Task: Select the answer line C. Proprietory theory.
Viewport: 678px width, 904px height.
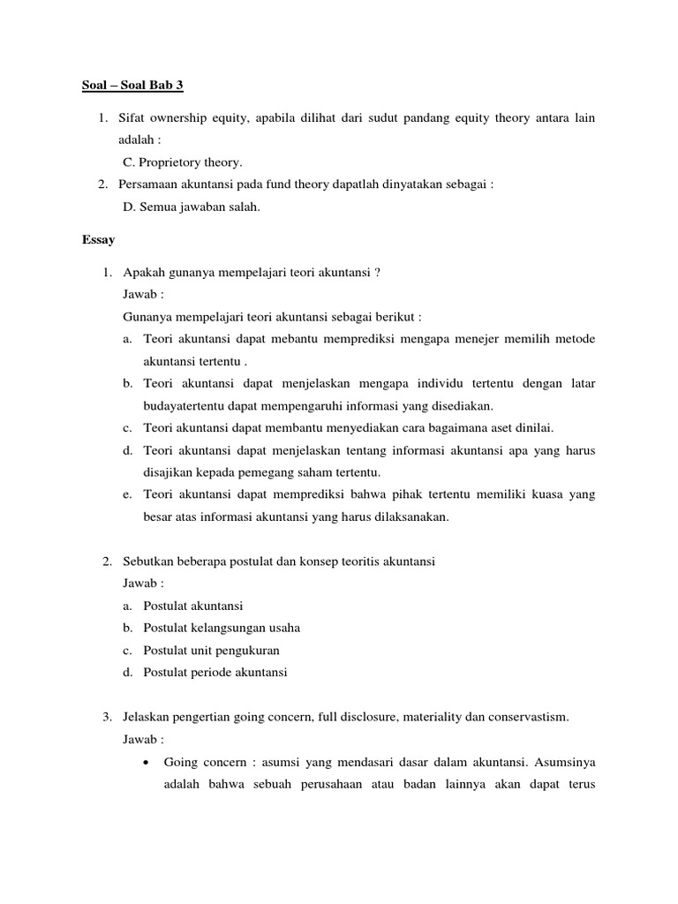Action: (182, 162)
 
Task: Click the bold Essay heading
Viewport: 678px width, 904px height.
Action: (99, 238)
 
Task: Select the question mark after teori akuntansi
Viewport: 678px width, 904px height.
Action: (377, 272)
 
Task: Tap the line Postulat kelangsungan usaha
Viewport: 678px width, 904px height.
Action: (222, 628)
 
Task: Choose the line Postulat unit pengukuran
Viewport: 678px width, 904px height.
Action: (211, 650)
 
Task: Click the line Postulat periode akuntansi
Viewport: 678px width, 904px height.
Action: (215, 672)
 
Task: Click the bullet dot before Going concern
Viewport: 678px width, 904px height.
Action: (146, 761)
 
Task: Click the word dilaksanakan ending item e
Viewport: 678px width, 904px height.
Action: (412, 517)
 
